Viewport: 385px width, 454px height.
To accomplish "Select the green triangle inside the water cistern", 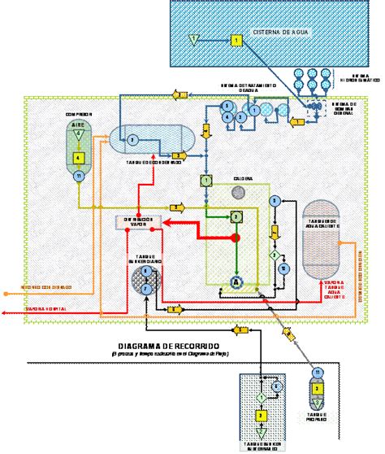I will pyautogui.click(x=192, y=38).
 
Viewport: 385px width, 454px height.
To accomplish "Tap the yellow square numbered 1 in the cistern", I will pyautogui.click(x=235, y=39).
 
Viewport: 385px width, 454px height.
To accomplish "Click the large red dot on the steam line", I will pyautogui.click(x=236, y=238).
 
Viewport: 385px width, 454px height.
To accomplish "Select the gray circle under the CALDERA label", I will pyautogui.click(x=238, y=192).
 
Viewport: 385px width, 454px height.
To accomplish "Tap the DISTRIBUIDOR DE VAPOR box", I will pyautogui.click(x=134, y=221).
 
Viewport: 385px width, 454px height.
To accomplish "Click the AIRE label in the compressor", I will pyautogui.click(x=78, y=125).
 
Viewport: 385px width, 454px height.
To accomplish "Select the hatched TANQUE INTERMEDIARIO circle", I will pyautogui.click(x=145, y=279).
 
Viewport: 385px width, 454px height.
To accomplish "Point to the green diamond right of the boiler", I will pyautogui.click(x=275, y=255).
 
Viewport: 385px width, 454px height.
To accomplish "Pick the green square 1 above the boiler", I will pyautogui.click(x=206, y=180).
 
